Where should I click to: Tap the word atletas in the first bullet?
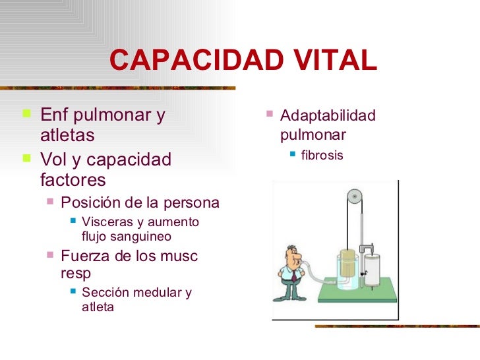click(67, 135)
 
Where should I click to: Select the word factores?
click(73, 179)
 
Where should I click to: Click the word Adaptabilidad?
click(328, 116)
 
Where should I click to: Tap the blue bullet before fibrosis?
click(292, 156)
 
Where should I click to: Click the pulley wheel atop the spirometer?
click(355, 196)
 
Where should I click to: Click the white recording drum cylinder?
click(373, 270)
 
